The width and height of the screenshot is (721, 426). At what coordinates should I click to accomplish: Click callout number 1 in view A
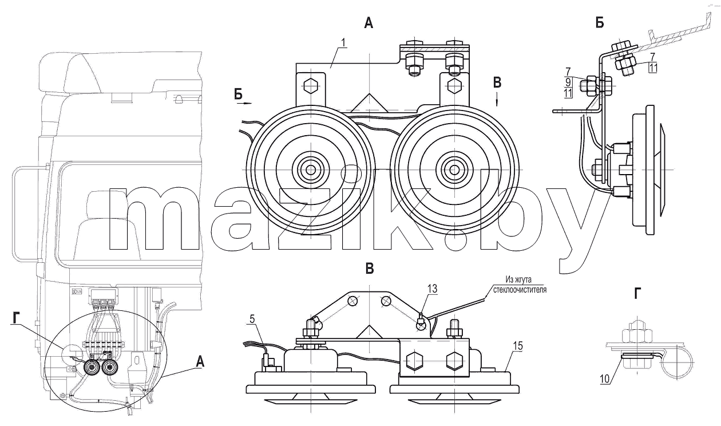pyautogui.click(x=343, y=43)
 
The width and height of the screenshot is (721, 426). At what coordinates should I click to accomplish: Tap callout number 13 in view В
pyautogui.click(x=432, y=289)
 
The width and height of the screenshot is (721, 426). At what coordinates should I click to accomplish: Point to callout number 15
pyautogui.click(x=517, y=346)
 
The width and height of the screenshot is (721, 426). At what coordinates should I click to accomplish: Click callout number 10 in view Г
pyautogui.click(x=605, y=379)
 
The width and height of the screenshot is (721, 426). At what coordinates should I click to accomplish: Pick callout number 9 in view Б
pyautogui.click(x=568, y=82)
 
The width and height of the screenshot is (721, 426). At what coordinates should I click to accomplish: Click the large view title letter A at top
pyautogui.click(x=369, y=23)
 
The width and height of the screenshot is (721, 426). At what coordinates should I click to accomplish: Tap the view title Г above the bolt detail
pyautogui.click(x=637, y=294)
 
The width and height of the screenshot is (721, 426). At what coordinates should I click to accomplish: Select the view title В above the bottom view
pyautogui.click(x=370, y=268)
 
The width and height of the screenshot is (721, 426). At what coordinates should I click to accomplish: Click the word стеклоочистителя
pyautogui.click(x=520, y=290)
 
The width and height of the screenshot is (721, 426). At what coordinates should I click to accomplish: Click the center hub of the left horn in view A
pyautogui.click(x=311, y=169)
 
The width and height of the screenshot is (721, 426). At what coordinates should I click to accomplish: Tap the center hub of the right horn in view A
pyautogui.click(x=454, y=169)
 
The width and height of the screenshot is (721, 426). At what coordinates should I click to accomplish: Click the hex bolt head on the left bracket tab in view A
pyautogui.click(x=311, y=86)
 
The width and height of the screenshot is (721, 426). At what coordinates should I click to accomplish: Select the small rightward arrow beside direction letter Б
pyautogui.click(x=245, y=104)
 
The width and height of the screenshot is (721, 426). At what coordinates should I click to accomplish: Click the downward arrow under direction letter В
pyautogui.click(x=497, y=99)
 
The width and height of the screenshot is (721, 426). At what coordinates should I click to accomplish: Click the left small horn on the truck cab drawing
pyautogui.click(x=91, y=368)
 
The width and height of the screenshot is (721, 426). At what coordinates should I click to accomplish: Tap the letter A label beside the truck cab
pyautogui.click(x=200, y=362)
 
